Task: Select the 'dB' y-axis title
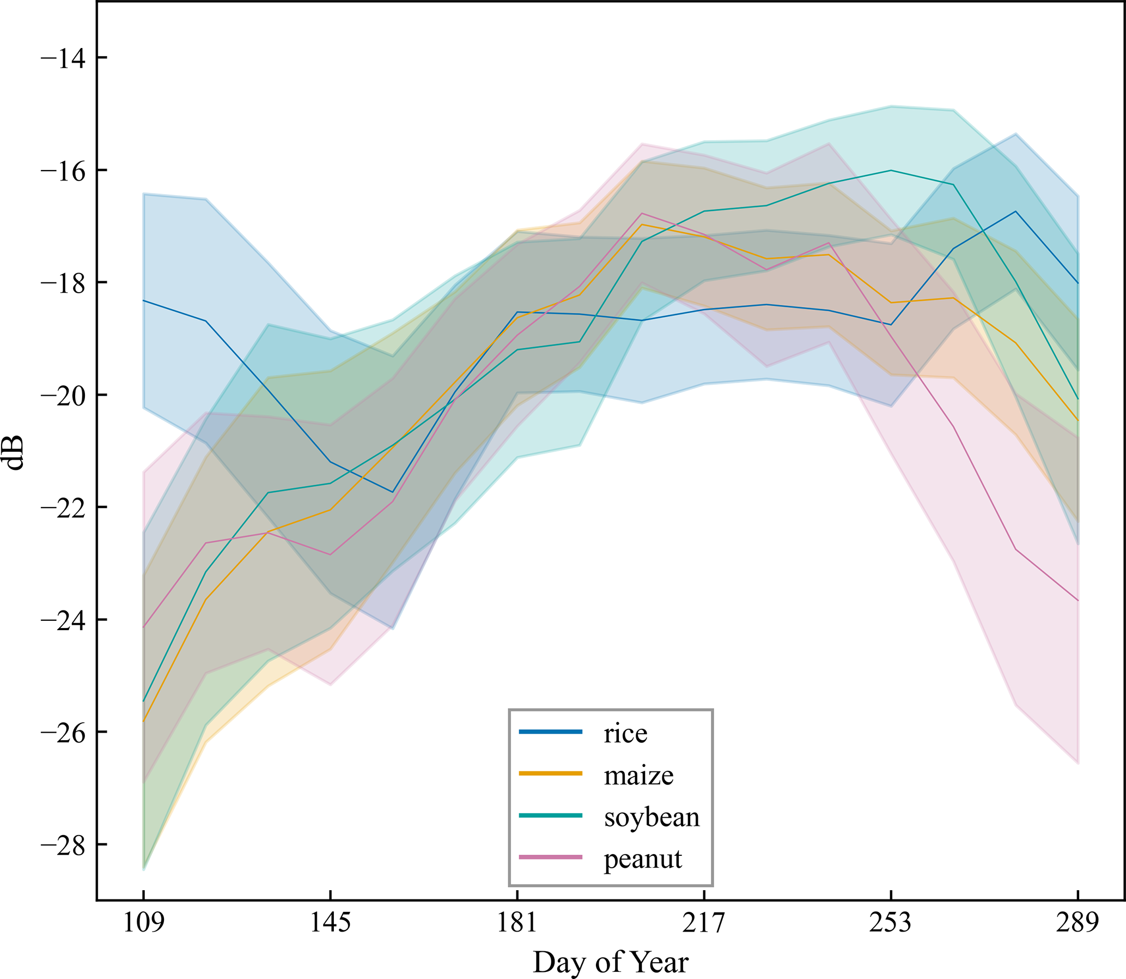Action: pos(15,452)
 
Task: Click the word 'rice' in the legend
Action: pos(625,733)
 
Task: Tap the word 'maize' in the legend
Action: pos(638,775)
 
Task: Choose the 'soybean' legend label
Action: pos(652,817)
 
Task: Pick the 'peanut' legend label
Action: pos(643,860)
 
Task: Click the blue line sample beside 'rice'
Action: pos(550,732)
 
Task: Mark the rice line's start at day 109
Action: pos(144,300)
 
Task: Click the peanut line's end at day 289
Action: pos(1078,601)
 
